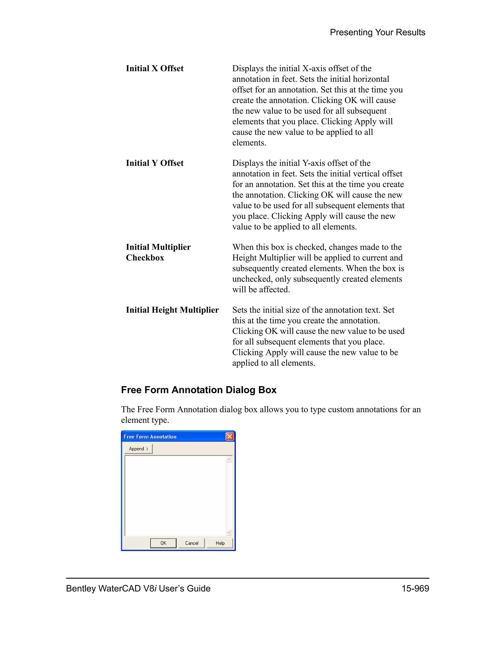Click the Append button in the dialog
[x=138, y=449]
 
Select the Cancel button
[x=192, y=543]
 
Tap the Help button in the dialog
[x=220, y=543]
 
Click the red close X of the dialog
[x=230, y=437]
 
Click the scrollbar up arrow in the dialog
[x=229, y=459]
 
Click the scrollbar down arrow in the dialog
[x=229, y=532]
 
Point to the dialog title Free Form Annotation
[x=150, y=437]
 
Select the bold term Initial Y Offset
[x=155, y=163]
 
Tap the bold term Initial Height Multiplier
[x=172, y=310]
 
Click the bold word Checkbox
[x=145, y=258]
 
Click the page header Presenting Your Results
[x=377, y=32]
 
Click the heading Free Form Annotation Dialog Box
[x=199, y=390]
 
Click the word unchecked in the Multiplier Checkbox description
[x=252, y=279]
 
